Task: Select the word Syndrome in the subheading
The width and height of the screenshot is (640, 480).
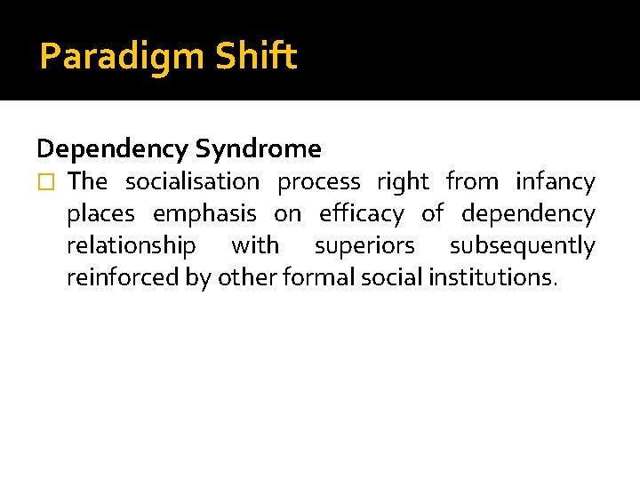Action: coord(259,148)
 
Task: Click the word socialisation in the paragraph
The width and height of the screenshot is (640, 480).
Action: coord(192,181)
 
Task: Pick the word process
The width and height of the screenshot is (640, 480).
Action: coord(319,182)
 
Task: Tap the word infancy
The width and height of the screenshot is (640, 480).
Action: coord(556,182)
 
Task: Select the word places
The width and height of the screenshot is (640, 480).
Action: coord(100,214)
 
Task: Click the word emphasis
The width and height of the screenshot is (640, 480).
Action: coord(204,214)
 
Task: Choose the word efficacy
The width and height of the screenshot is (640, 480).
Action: coord(361,214)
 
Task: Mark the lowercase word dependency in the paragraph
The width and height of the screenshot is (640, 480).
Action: coord(528,214)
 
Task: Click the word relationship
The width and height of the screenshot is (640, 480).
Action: coord(132,246)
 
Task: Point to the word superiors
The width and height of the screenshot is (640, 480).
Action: coord(364,246)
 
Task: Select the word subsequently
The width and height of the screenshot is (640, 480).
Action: coord(522,246)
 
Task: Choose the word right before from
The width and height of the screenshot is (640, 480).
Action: coord(403,182)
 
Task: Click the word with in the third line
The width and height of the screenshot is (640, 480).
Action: coord(255,245)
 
